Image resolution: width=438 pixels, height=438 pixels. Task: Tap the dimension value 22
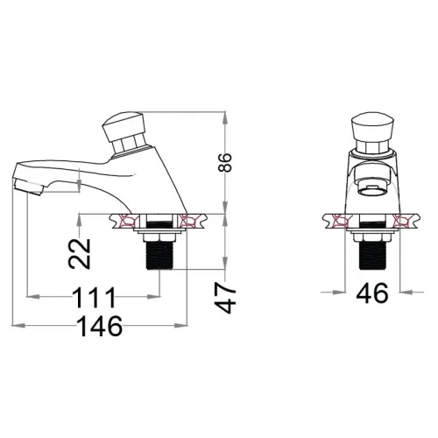click(80, 256)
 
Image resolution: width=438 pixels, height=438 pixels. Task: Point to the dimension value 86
click(228, 161)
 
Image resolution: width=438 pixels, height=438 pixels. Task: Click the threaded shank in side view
click(158, 256)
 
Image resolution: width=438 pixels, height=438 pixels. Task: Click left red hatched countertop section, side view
click(126, 221)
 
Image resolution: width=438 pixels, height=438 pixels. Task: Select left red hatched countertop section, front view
click(337, 221)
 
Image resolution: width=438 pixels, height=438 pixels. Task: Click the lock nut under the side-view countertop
click(158, 234)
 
